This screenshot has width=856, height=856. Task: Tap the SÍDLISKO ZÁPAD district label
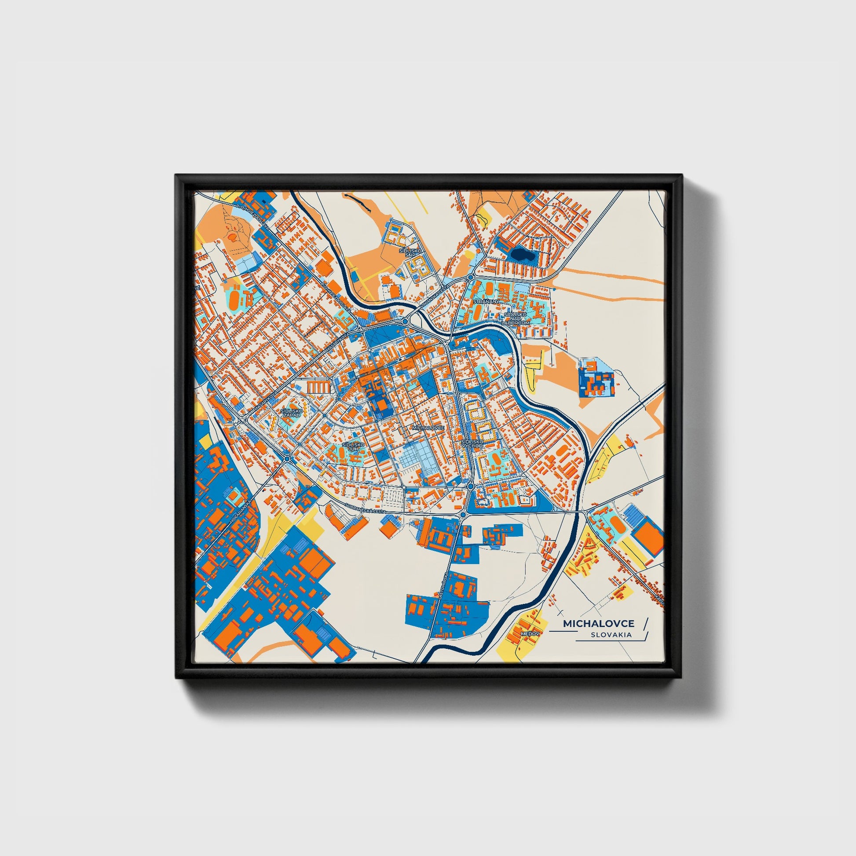point(292,413)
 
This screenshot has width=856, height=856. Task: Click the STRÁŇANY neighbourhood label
point(487,301)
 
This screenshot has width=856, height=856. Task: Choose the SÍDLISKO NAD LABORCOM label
point(515,318)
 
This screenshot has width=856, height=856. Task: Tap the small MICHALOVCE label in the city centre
point(428,428)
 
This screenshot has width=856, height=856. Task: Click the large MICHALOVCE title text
point(599,623)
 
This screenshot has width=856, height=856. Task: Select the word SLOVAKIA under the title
point(611,635)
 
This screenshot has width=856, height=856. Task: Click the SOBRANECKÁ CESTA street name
point(366,508)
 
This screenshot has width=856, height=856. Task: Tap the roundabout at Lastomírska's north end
point(463,515)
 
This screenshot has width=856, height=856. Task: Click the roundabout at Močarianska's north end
point(287,458)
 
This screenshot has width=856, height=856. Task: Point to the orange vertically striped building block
point(319,387)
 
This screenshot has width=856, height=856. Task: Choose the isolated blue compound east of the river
point(596,377)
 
